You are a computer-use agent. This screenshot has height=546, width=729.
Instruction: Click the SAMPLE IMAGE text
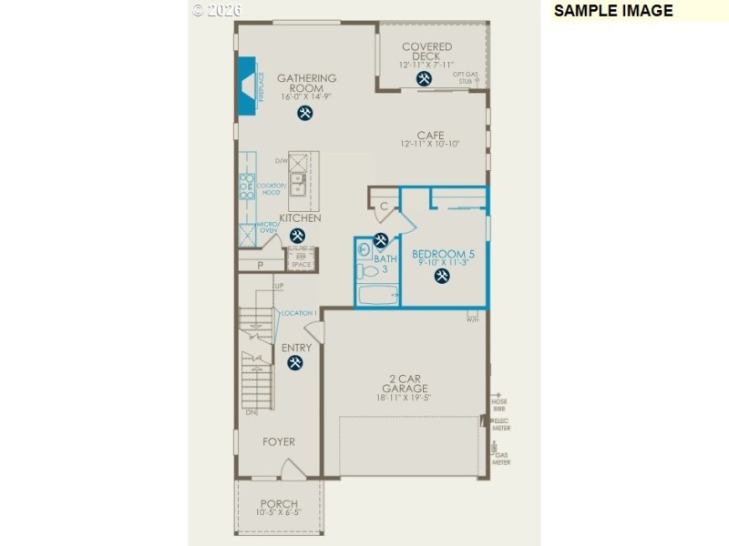click(x=612, y=11)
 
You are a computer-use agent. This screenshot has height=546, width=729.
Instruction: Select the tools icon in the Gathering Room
click(x=305, y=113)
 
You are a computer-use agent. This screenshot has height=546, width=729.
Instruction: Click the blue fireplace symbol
click(x=247, y=86)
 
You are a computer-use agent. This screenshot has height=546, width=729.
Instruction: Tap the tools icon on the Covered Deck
click(x=424, y=79)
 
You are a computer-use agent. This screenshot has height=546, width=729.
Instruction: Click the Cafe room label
click(x=430, y=139)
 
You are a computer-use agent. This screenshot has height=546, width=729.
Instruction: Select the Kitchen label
click(x=300, y=218)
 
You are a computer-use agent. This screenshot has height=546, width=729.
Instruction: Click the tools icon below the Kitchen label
click(x=297, y=236)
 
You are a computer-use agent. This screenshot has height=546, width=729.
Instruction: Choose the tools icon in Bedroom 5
click(x=442, y=276)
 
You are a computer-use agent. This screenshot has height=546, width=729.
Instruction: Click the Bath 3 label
click(x=385, y=264)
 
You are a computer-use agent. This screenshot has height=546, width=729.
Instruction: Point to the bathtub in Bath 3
click(x=378, y=295)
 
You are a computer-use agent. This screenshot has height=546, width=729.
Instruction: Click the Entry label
click(x=296, y=348)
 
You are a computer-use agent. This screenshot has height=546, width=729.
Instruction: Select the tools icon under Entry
click(x=295, y=362)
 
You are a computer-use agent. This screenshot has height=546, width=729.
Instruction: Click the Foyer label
click(x=279, y=442)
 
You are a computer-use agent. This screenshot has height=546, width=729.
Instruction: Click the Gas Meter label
click(x=501, y=459)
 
